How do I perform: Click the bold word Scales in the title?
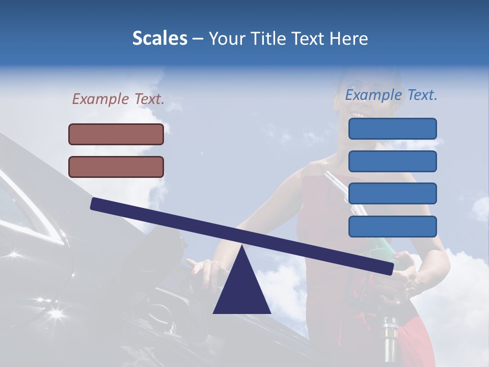tap(160, 39)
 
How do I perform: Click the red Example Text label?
tap(118, 99)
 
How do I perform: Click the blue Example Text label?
tap(391, 95)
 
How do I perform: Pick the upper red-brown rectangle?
tap(116, 134)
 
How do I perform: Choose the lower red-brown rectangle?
tap(116, 167)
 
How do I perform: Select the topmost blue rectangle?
tap(392, 128)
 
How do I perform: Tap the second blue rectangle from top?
tap(392, 161)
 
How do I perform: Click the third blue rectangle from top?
tap(392, 194)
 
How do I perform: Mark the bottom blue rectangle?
tap(392, 226)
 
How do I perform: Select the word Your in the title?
tap(227, 39)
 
